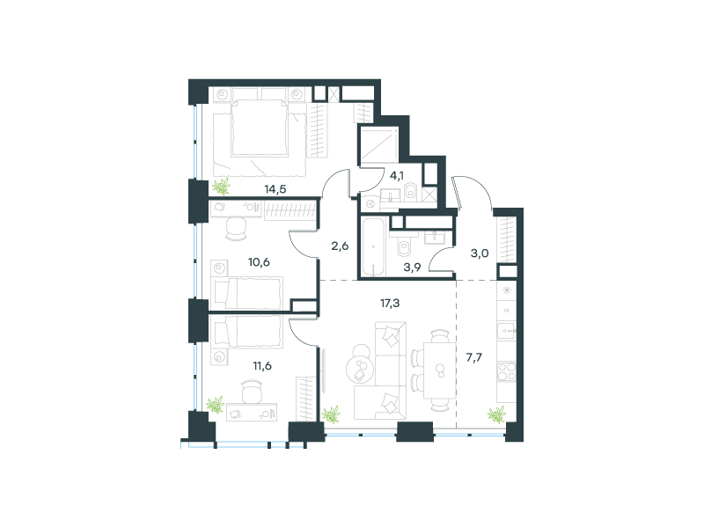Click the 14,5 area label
point(275,189)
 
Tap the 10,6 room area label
point(259,261)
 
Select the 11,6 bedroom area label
point(261,366)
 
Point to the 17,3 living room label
point(389,304)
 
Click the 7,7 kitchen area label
point(473,357)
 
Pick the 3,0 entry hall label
point(479,253)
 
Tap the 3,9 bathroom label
point(412,268)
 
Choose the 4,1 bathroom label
point(397,175)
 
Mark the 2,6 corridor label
point(340,246)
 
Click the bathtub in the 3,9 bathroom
point(373,246)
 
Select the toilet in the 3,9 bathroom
point(404,246)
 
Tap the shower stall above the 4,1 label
point(379,144)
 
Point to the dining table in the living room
point(440,370)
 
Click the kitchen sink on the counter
point(506,331)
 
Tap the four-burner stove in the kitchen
point(507,371)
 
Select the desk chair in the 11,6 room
point(252,392)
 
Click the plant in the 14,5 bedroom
point(221,186)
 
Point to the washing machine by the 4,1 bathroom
point(370,204)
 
